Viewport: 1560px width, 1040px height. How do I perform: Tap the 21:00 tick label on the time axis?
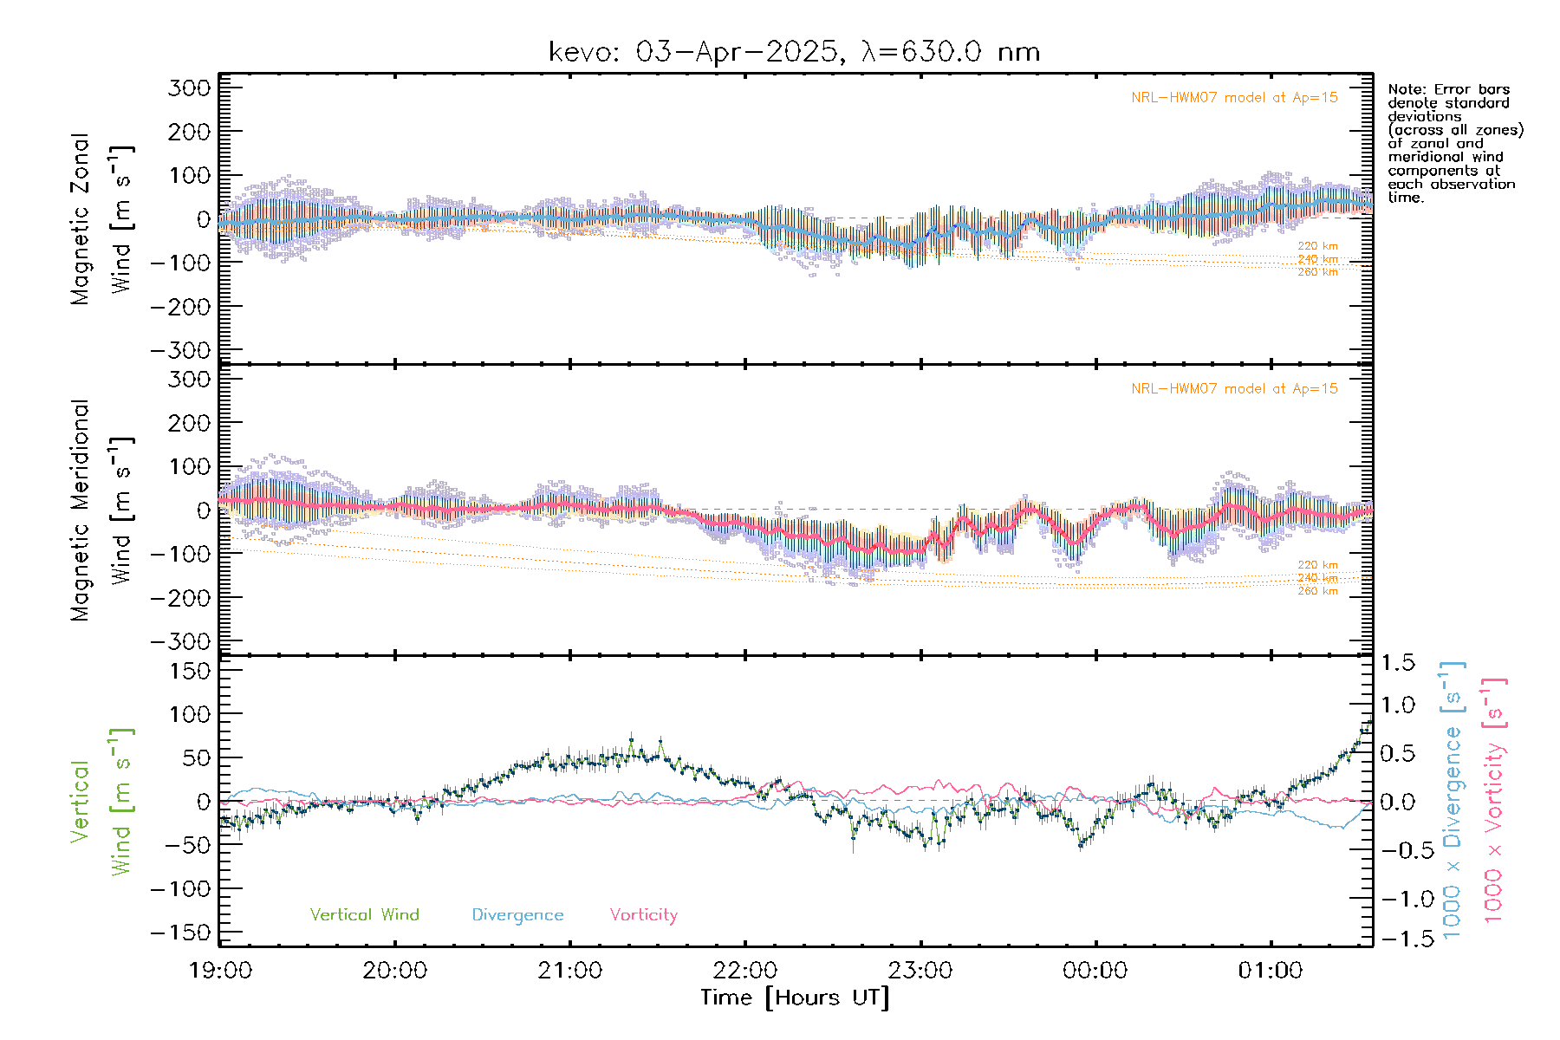(570, 971)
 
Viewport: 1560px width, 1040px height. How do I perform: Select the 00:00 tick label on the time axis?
(1095, 971)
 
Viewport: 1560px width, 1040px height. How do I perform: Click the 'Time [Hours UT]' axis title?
(795, 998)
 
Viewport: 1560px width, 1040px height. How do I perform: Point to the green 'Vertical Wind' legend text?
(364, 914)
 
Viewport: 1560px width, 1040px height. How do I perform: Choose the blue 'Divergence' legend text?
(517, 914)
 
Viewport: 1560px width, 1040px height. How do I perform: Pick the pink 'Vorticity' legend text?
(643, 914)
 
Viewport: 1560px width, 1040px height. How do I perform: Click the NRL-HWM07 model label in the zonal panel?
(1234, 98)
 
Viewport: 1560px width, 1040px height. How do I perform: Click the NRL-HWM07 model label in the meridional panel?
(1234, 389)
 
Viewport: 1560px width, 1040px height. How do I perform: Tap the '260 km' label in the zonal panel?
(1317, 272)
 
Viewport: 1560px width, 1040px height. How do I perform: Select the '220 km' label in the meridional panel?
(1317, 565)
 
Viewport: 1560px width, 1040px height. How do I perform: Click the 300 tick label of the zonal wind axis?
(189, 88)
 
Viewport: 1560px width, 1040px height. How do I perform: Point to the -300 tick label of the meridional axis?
(180, 641)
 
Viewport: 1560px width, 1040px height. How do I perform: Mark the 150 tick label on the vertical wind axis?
(189, 671)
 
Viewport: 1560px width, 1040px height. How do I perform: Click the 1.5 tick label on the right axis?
(1397, 663)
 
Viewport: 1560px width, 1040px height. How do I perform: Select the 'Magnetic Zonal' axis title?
(80, 218)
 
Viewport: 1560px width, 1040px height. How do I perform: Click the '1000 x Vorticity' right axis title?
(1493, 799)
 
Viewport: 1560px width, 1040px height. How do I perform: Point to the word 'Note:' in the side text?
(1407, 89)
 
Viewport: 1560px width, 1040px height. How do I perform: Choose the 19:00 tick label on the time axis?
(220, 971)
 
